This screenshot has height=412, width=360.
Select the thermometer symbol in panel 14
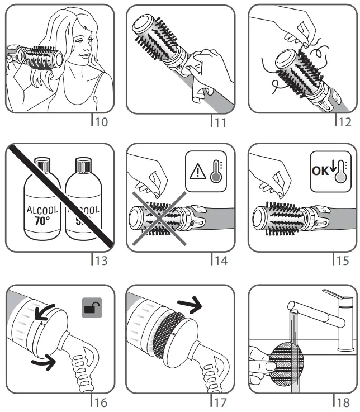click(215, 173)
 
